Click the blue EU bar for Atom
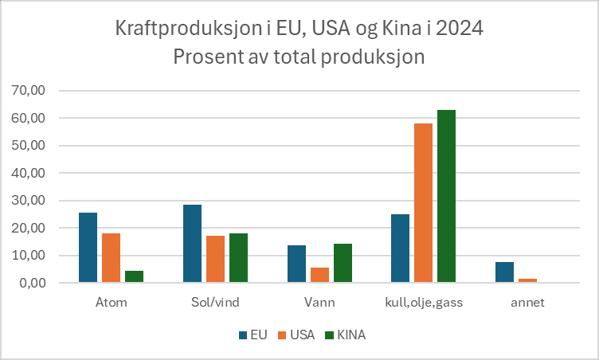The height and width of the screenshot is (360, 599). [x=88, y=248]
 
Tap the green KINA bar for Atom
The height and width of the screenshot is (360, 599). [x=134, y=277]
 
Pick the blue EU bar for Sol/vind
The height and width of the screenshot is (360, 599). [x=192, y=244]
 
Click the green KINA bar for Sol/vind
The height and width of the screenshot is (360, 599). [x=238, y=258]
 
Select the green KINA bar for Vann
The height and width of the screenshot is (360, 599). [x=343, y=264]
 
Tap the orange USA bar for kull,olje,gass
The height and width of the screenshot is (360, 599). [x=423, y=203]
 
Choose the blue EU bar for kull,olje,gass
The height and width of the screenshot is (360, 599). [x=400, y=248]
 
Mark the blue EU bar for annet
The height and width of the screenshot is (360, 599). [x=504, y=272]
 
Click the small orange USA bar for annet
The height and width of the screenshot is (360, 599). [x=527, y=280]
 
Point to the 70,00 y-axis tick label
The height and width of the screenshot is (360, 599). [x=27, y=91]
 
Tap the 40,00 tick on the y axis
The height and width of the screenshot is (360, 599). [x=27, y=173]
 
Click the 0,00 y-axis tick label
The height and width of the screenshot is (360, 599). [x=30, y=283]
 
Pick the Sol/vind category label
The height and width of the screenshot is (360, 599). [x=215, y=303]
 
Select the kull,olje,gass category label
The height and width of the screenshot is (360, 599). [x=423, y=303]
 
